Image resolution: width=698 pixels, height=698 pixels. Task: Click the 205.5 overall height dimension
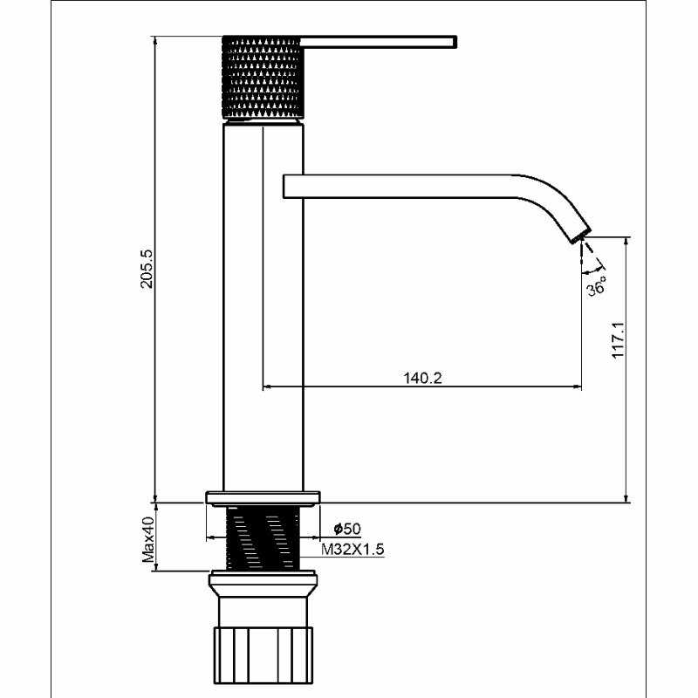[147, 269]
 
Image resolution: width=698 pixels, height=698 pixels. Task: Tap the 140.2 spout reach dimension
[422, 378]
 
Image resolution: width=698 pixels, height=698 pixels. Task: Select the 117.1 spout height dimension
[619, 340]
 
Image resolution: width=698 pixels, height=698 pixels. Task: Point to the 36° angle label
[596, 286]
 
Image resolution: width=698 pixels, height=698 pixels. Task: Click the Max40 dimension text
[148, 539]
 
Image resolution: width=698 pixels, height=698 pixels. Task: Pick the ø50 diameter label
[347, 529]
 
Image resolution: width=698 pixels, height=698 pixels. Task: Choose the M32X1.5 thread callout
[352, 550]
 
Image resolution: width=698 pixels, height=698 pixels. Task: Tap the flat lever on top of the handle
[379, 41]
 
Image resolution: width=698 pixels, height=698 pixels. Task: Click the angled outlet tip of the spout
[581, 235]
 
